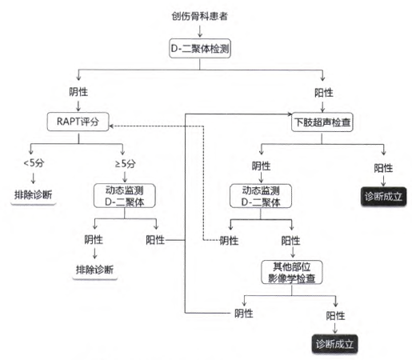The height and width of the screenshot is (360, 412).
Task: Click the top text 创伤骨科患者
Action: (x=199, y=16)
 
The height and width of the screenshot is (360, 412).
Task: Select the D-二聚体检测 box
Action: (x=200, y=49)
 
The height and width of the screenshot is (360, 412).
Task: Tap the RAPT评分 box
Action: (x=78, y=122)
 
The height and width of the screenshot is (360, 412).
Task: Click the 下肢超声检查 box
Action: (x=322, y=122)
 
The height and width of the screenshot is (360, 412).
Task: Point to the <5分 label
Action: (x=34, y=162)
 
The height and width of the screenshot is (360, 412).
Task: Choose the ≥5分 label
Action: (x=125, y=163)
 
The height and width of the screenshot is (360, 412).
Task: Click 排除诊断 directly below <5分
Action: (x=34, y=195)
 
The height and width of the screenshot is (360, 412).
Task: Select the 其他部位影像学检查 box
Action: (x=292, y=272)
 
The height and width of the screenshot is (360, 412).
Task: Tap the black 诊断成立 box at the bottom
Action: (x=334, y=344)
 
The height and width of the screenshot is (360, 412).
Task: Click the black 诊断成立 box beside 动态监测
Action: (x=383, y=197)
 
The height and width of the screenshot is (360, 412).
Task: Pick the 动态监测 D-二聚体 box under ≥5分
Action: (x=125, y=196)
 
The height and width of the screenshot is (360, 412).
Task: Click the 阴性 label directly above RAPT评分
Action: (x=78, y=92)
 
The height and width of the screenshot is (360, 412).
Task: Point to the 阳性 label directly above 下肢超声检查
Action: (x=324, y=93)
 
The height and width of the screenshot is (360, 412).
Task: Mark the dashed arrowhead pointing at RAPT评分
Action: (x=111, y=126)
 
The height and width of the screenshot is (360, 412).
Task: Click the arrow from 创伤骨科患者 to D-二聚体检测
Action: (x=200, y=31)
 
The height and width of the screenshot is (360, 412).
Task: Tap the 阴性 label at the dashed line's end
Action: (x=229, y=241)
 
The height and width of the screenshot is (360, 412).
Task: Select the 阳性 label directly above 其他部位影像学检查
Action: (x=290, y=241)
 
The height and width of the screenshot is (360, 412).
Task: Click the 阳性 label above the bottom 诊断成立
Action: (x=335, y=316)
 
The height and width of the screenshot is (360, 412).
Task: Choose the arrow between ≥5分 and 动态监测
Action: (x=125, y=176)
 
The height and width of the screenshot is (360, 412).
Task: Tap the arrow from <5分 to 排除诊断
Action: (x=33, y=178)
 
